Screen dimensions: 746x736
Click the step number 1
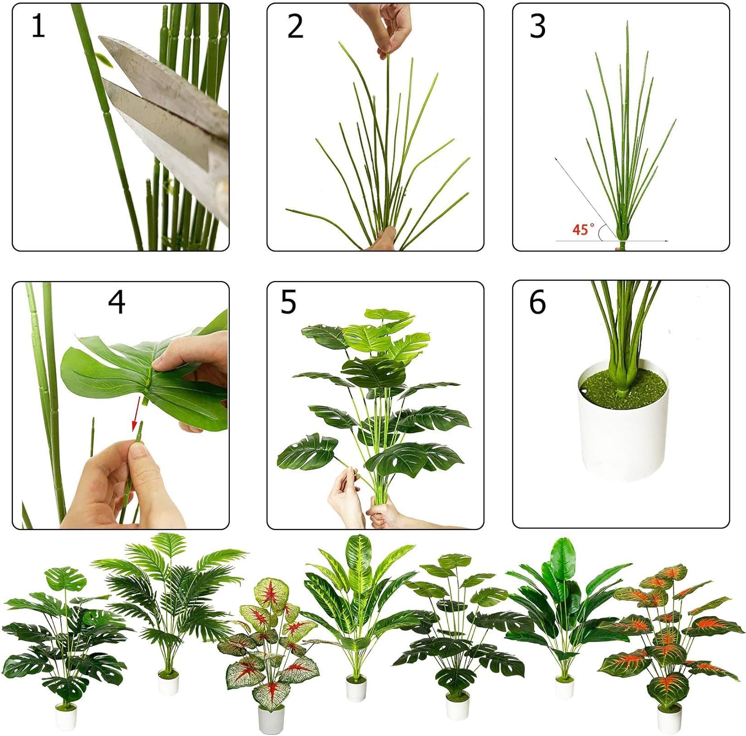(x=38, y=26)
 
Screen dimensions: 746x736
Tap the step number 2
(x=295, y=26)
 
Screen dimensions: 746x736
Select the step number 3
(x=538, y=26)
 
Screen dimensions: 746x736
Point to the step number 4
(x=116, y=302)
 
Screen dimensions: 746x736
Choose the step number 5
(x=288, y=302)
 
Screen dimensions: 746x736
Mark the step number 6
(x=538, y=302)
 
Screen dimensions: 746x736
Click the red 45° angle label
(x=583, y=229)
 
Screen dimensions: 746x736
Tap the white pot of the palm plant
(x=169, y=682)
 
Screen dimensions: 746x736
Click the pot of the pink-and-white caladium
(x=271, y=720)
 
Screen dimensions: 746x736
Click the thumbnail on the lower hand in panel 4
(x=140, y=452)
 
